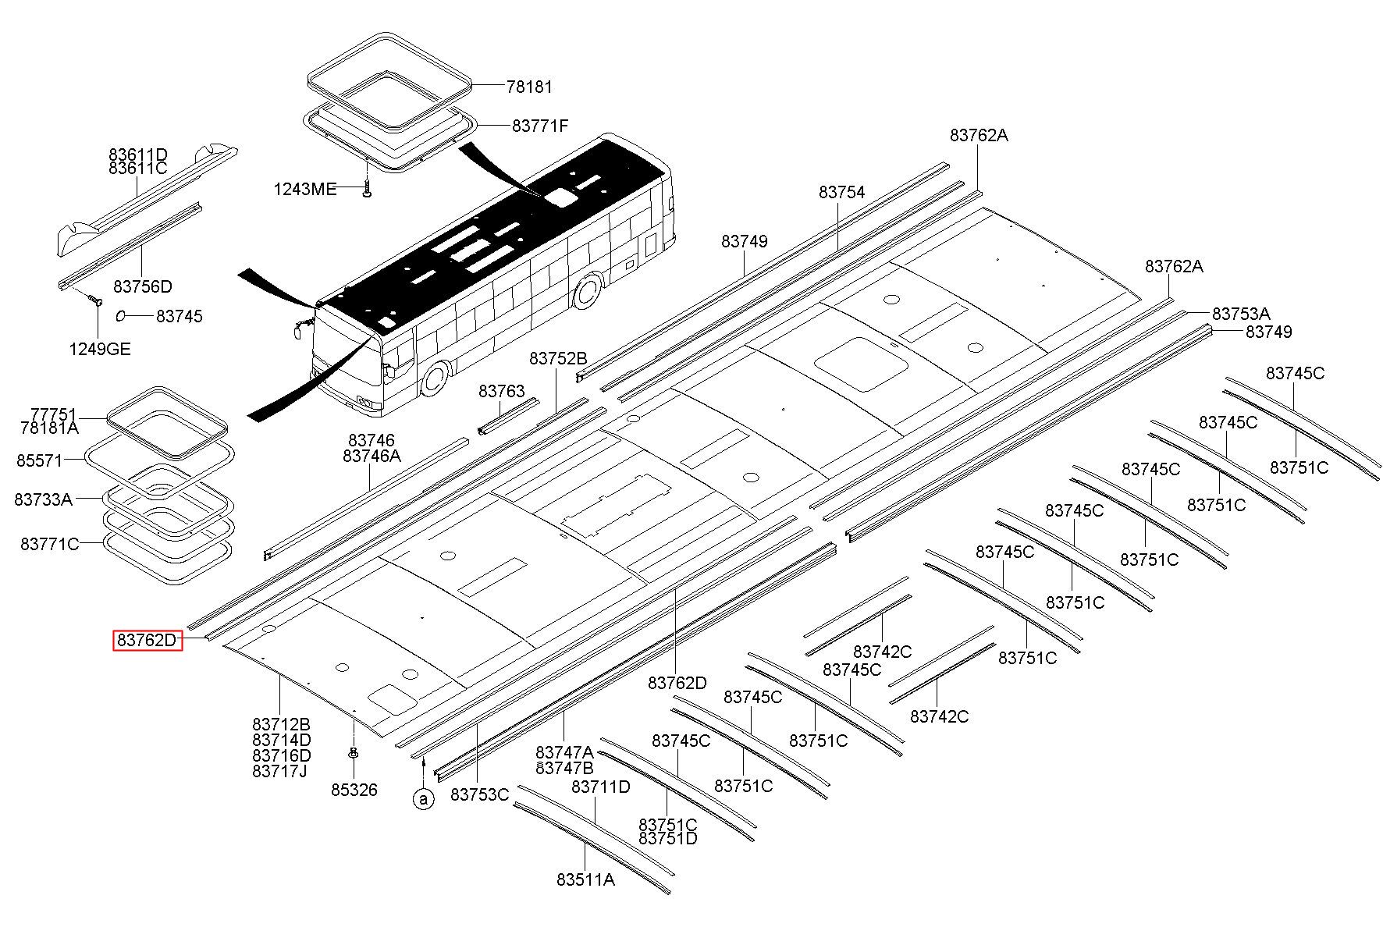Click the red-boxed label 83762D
pyautogui.click(x=148, y=641)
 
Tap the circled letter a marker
pyautogui.click(x=424, y=799)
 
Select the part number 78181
pyautogui.click(x=529, y=87)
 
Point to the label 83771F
pyautogui.click(x=540, y=126)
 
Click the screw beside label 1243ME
pyautogui.click(x=367, y=188)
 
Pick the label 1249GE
pyautogui.click(x=100, y=349)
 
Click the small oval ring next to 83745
pyautogui.click(x=122, y=315)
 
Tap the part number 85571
pyautogui.click(x=39, y=460)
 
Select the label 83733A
pyautogui.click(x=43, y=499)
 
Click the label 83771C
pyautogui.click(x=50, y=544)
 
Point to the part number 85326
pyautogui.click(x=354, y=790)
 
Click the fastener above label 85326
pyautogui.click(x=354, y=753)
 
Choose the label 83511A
pyautogui.click(x=585, y=879)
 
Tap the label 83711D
pyautogui.click(x=601, y=787)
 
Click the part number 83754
pyautogui.click(x=842, y=192)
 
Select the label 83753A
pyautogui.click(x=1241, y=314)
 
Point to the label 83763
pyautogui.click(x=502, y=391)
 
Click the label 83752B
pyautogui.click(x=558, y=358)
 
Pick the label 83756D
pyautogui.click(x=143, y=286)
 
